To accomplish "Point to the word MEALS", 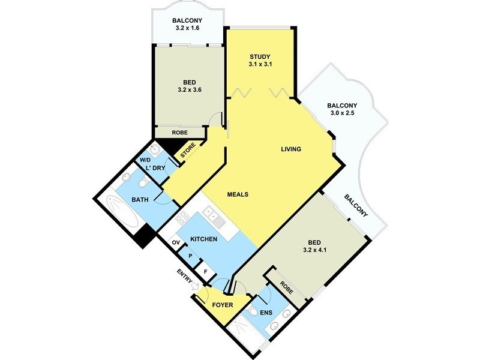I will (x=238, y=194).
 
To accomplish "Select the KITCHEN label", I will (x=203, y=239).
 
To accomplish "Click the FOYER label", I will (x=223, y=304).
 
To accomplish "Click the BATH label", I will (x=140, y=199).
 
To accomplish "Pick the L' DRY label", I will (x=155, y=168).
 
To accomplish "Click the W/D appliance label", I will (x=145, y=160).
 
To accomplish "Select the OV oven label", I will (x=176, y=242).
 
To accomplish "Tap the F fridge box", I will (x=206, y=271).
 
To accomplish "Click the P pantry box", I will (x=191, y=256).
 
